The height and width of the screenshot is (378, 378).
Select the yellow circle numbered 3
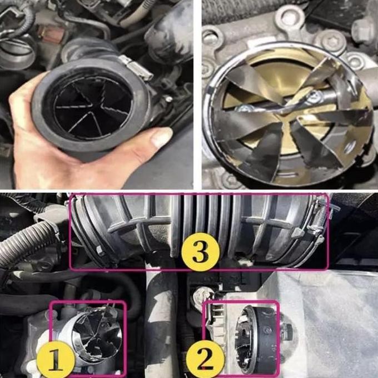198,252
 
